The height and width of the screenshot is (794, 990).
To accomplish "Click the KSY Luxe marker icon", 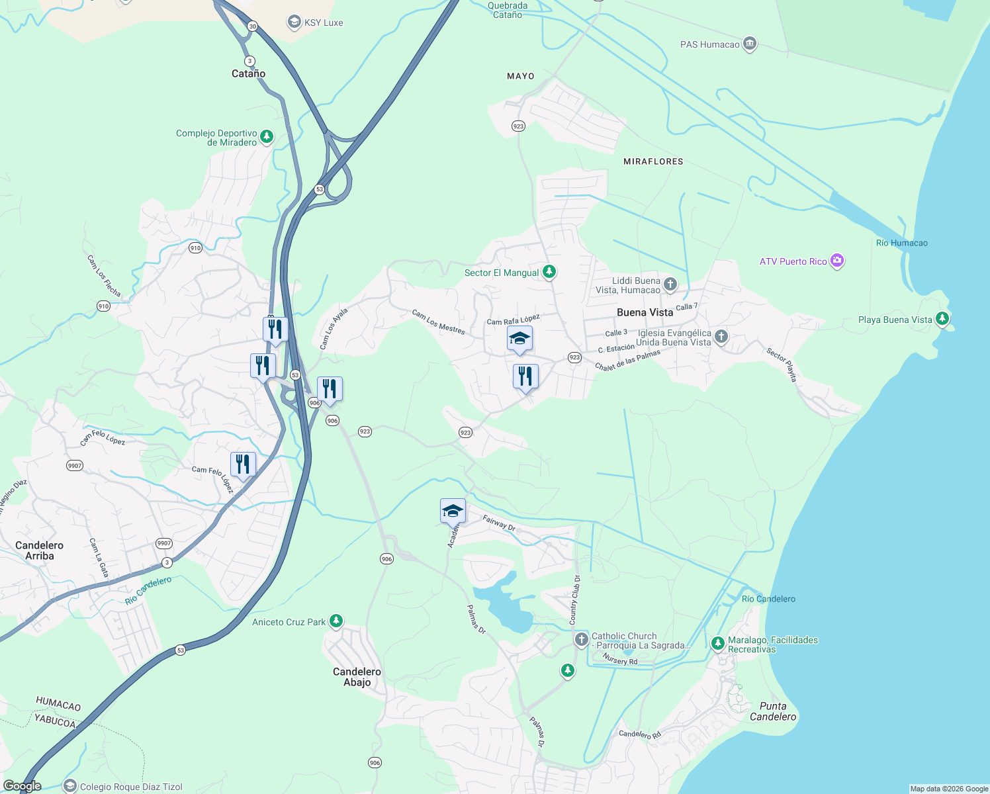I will pos(294,22).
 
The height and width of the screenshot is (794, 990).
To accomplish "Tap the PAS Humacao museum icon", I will pos(749,44).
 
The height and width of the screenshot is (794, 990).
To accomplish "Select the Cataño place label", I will pos(249,74).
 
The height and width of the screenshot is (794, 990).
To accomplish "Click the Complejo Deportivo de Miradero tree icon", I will pos(267,137).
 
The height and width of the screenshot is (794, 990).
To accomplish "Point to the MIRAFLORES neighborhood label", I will pos(653,161).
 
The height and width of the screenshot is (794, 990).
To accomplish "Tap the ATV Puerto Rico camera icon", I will pos(837,261).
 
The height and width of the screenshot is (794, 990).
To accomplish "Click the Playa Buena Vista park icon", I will pos(942,319).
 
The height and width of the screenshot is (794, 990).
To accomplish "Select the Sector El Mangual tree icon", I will pos(549,272).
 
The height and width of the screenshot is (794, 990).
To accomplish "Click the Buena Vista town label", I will pos(645,312).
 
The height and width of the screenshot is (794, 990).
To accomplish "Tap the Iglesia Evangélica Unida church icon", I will pos(721,337).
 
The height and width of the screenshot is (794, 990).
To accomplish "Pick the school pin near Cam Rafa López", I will pos(519,339).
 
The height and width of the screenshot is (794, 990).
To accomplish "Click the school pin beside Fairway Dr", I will pos(453,511).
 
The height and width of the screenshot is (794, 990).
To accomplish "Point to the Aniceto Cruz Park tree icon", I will pos(336,621).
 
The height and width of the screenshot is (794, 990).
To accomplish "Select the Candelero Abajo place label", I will pos(357,677).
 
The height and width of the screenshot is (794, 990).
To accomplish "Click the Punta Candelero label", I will pos(773,711).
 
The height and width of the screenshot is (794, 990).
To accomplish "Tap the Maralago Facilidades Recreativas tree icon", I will pos(717,643).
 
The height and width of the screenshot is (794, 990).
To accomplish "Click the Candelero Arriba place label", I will pos(40,551).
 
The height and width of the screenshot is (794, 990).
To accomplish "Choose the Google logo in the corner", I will pos(22,786).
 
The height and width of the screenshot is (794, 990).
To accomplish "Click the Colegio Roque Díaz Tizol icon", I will pos(70,786).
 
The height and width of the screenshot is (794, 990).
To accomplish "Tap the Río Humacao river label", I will pos(901,243).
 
